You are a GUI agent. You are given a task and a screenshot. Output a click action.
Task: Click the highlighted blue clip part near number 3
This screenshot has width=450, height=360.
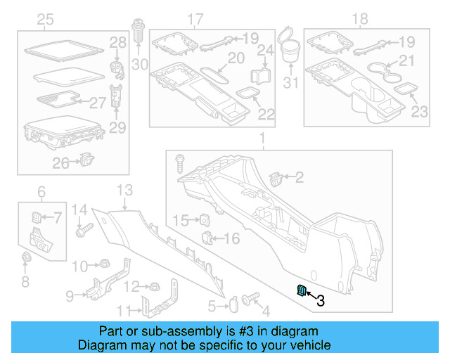click(300, 291)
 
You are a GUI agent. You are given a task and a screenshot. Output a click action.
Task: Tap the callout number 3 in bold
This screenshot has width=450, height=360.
click(321, 301)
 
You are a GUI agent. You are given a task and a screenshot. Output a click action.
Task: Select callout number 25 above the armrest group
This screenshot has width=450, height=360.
click(45, 20)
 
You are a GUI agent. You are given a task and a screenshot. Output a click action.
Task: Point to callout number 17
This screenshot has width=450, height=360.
click(195, 18)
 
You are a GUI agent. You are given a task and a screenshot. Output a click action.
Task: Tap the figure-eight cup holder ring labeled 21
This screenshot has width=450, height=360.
click(382, 72)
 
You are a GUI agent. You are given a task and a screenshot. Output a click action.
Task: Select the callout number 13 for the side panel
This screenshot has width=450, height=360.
click(124, 189)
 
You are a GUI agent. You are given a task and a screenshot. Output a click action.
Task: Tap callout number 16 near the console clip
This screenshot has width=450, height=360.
click(231, 239)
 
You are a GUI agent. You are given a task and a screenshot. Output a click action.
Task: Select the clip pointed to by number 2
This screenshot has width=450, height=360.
click(276, 178)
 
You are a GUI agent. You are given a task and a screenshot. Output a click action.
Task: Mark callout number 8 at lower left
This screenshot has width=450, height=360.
click(25, 283)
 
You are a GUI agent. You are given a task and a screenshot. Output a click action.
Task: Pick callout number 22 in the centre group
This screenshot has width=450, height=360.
click(266, 114)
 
